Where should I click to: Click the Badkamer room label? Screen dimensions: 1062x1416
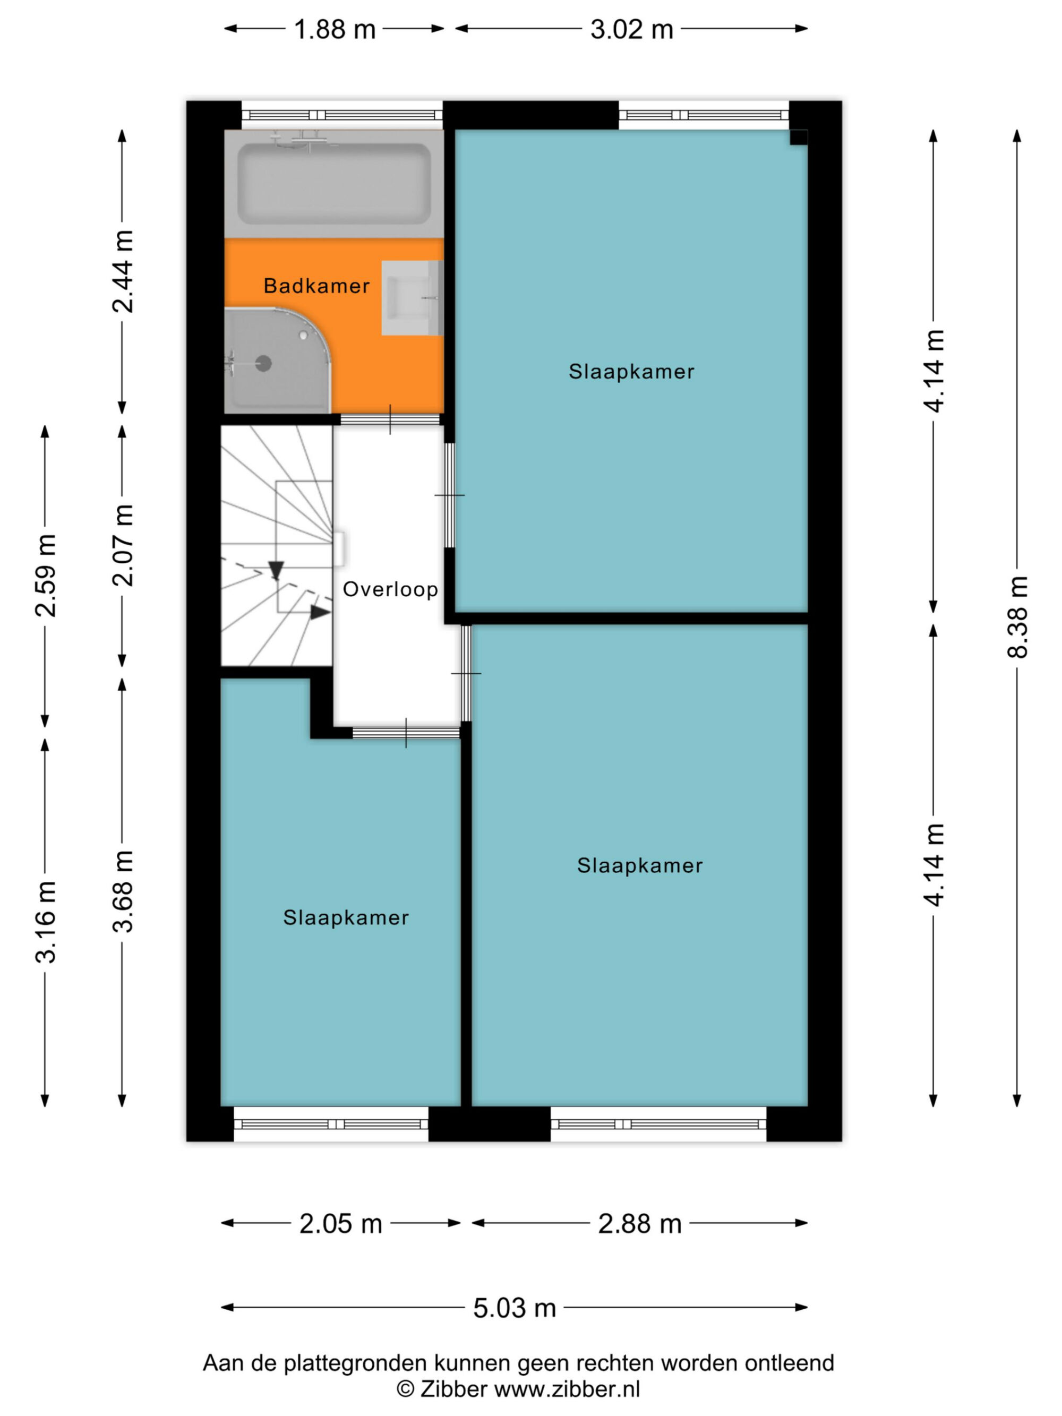[x=316, y=286]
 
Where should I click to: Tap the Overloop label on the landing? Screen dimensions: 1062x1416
[x=390, y=589]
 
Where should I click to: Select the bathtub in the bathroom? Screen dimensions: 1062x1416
[x=333, y=184]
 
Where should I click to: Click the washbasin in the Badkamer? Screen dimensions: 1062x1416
[x=412, y=298]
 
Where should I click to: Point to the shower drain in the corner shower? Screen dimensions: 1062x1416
[x=263, y=364]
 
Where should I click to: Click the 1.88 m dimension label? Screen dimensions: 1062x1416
[x=334, y=29]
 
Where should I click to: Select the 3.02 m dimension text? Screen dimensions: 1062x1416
[x=631, y=29]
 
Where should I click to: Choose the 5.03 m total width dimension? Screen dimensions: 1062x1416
[x=515, y=1308]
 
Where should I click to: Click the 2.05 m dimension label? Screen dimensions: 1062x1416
[x=340, y=1223]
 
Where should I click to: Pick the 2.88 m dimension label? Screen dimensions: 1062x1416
[x=639, y=1223]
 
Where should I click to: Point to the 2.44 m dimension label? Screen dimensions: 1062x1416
[x=122, y=271]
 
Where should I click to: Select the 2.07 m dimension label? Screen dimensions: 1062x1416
[x=122, y=545]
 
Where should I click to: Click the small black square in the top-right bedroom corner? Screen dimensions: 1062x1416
[x=798, y=138]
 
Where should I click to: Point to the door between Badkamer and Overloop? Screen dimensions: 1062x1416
[x=390, y=419]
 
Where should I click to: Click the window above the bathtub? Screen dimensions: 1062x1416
[x=342, y=115]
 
